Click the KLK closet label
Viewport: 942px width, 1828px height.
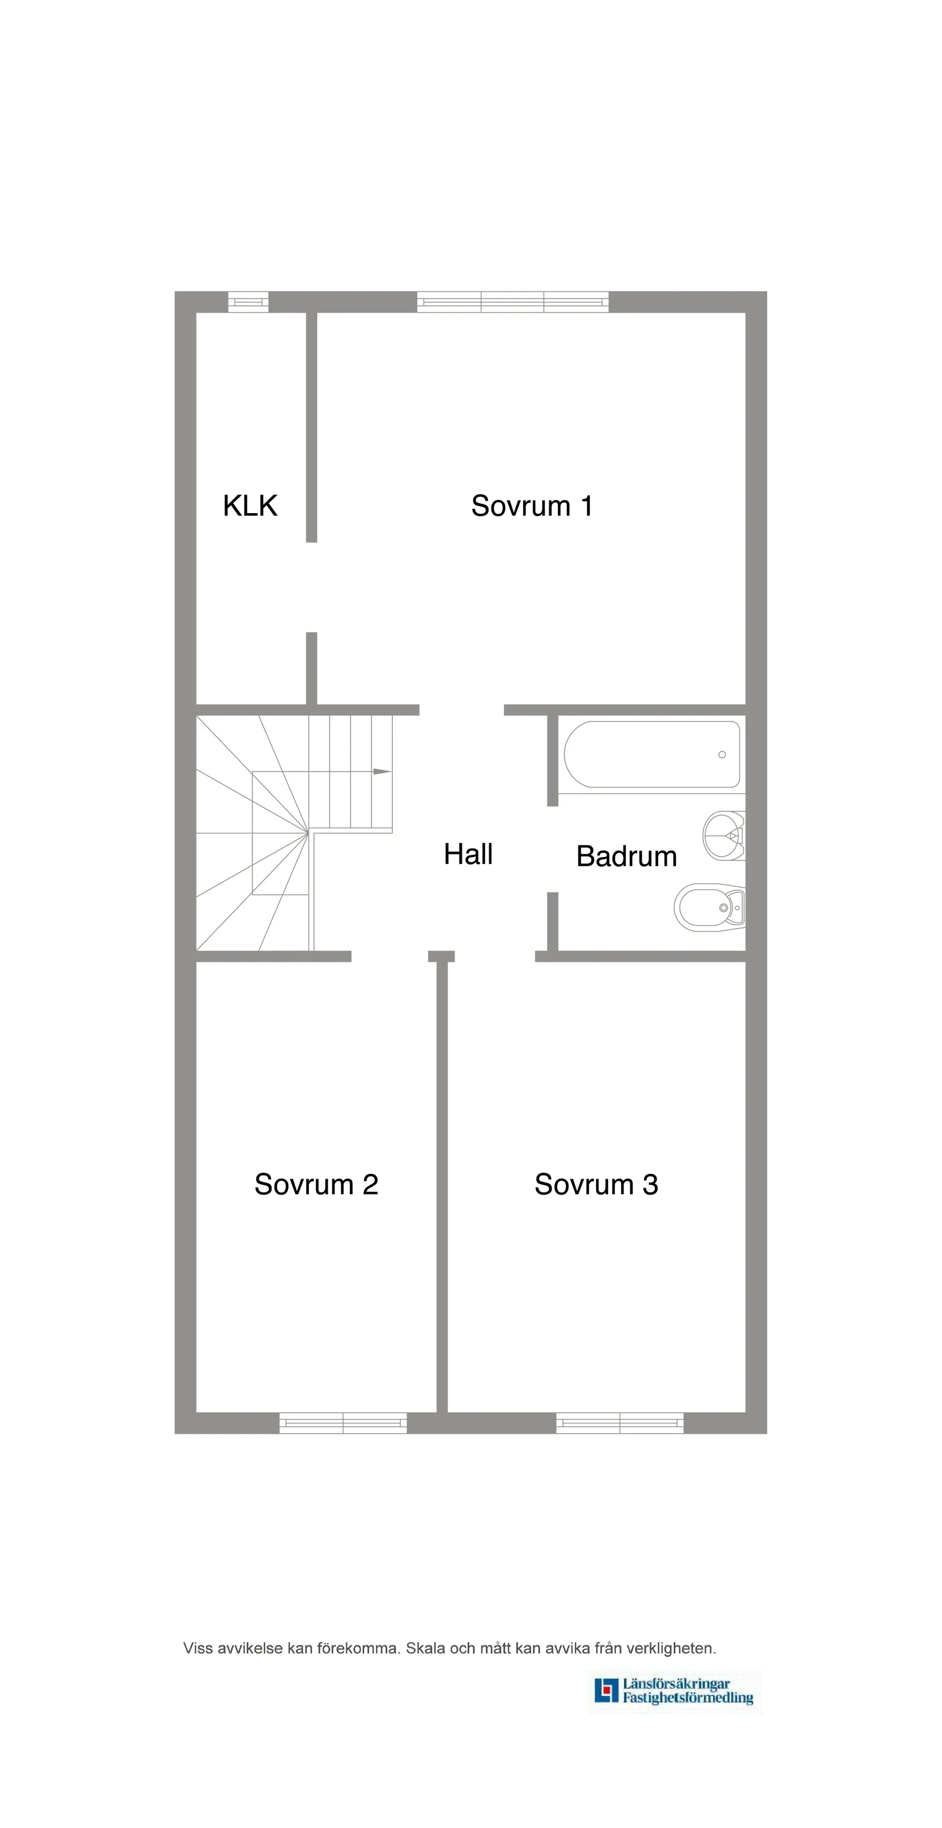(x=250, y=506)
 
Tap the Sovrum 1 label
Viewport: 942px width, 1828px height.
(x=532, y=506)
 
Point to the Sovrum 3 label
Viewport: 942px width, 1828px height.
(x=596, y=1184)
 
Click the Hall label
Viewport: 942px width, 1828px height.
(x=468, y=854)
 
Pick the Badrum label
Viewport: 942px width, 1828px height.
(x=626, y=857)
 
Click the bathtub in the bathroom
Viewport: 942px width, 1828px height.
(x=651, y=754)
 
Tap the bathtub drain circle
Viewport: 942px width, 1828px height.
(x=722, y=754)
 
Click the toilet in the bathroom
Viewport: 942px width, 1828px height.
(x=710, y=907)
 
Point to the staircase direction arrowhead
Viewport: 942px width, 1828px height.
(x=382, y=772)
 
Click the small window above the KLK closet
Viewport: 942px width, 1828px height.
(x=248, y=301)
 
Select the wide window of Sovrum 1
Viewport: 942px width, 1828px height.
(x=513, y=301)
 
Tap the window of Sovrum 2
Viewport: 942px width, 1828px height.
(x=343, y=1423)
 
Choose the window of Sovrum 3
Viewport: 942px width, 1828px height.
(x=619, y=1423)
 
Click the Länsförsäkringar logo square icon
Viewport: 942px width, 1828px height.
(x=606, y=1690)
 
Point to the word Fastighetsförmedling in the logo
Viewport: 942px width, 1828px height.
(x=688, y=1697)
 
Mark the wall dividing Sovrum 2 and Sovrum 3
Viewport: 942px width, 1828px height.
(x=441, y=1192)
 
